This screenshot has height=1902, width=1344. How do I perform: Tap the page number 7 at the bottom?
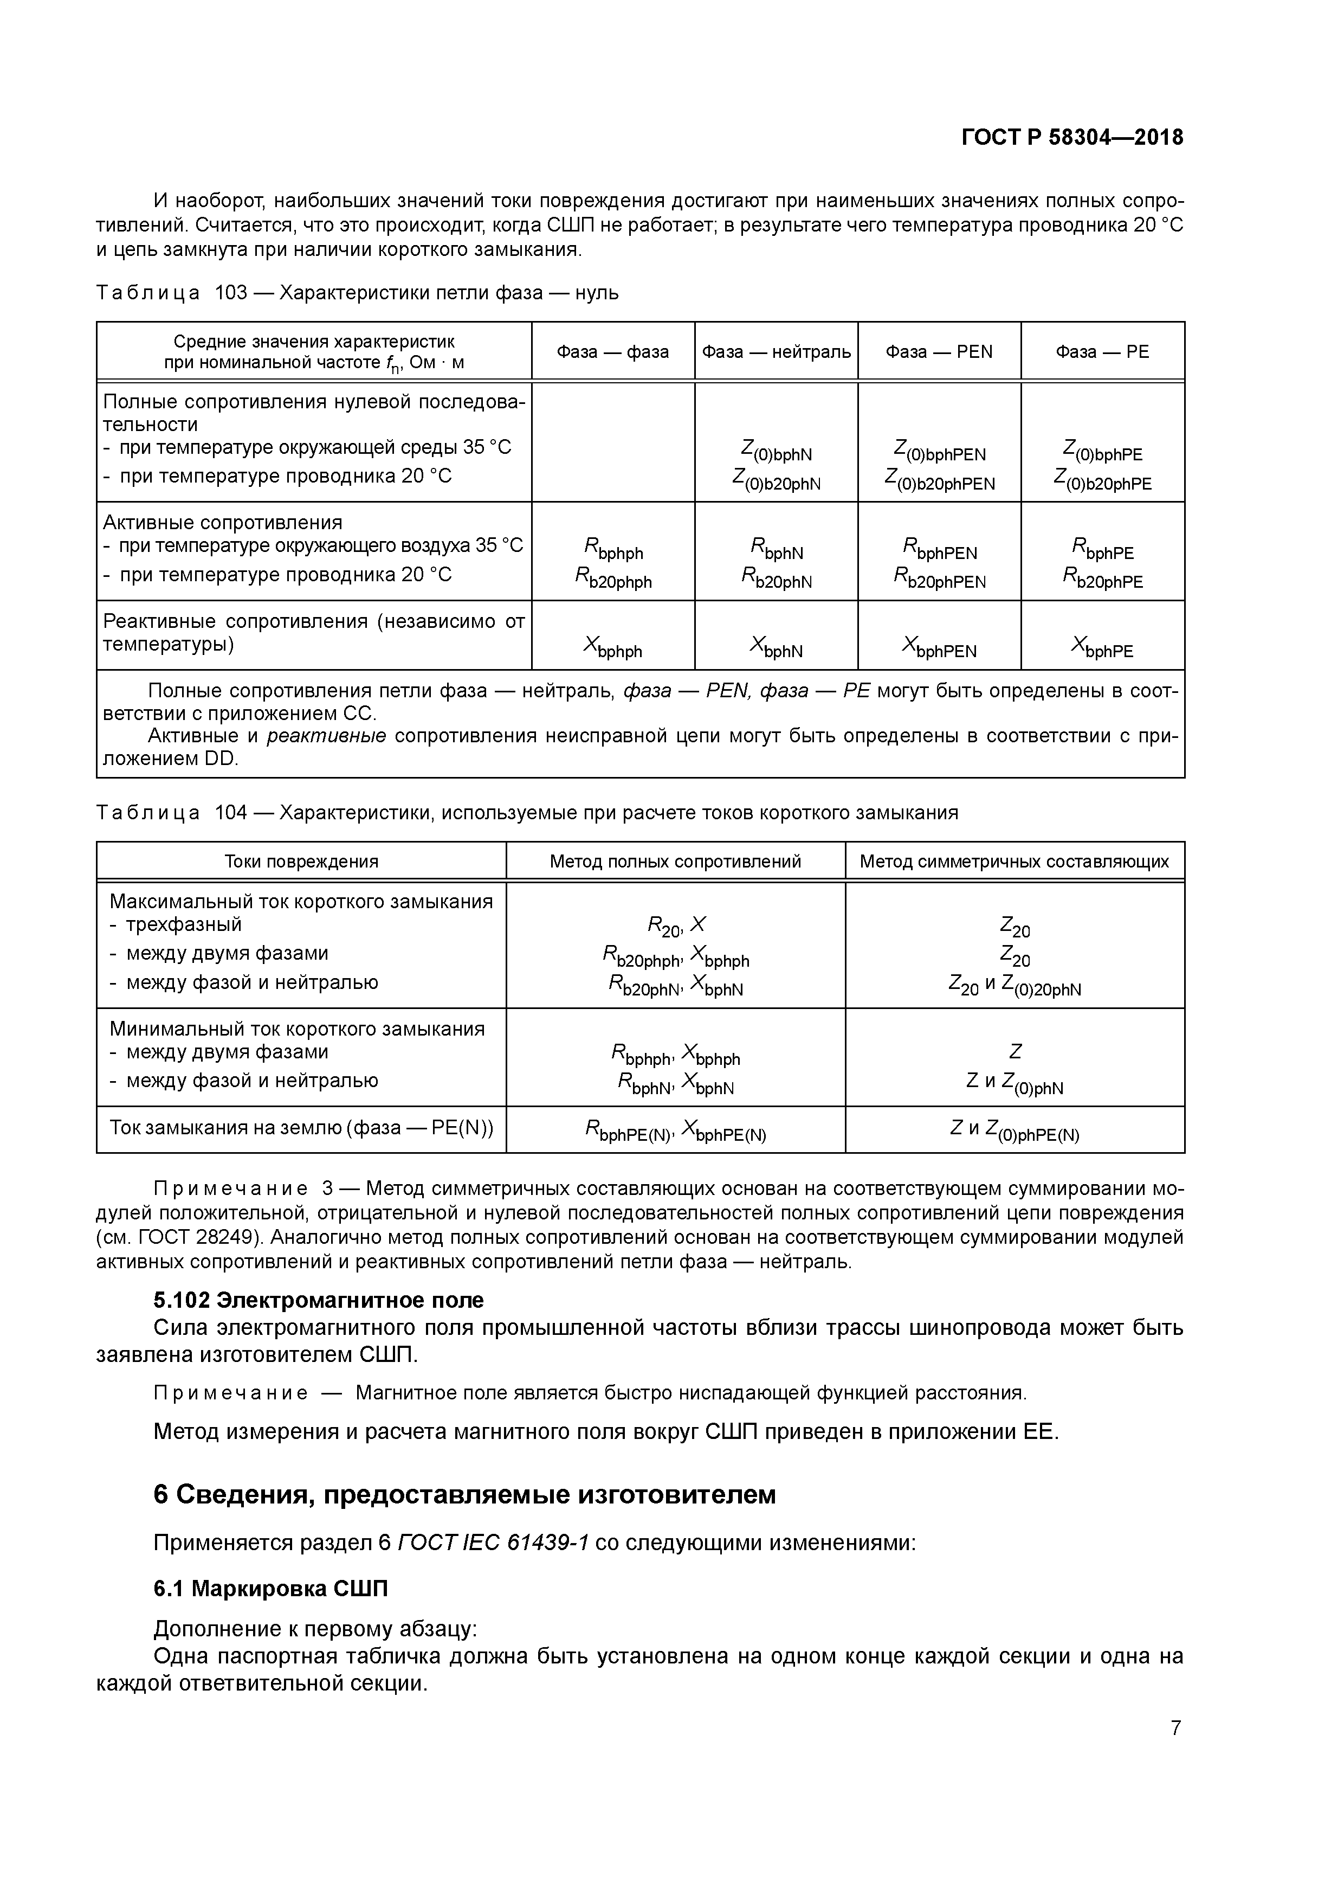[x=1175, y=1728]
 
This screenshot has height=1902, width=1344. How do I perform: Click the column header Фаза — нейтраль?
[x=776, y=352]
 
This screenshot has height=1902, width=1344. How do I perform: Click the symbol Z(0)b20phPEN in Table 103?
[x=939, y=480]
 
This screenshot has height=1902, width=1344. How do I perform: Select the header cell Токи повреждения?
[x=301, y=862]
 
